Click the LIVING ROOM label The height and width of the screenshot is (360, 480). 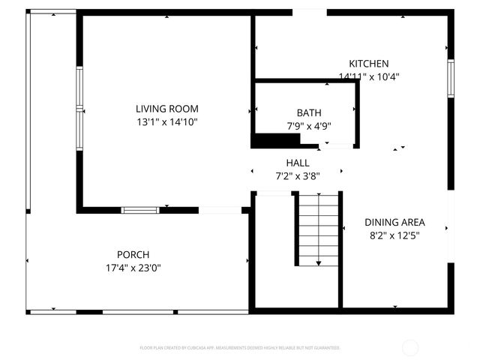coord(167,108)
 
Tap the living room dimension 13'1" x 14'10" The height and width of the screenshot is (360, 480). coord(167,121)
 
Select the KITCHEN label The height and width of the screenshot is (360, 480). coord(368,64)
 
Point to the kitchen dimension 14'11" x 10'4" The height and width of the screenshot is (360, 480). coord(368,76)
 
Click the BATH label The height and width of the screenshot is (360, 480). coord(308,113)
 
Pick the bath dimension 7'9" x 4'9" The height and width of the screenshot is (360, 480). coord(308,126)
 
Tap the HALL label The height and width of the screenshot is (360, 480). coord(297,163)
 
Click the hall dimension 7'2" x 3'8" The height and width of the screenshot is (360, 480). coord(297,175)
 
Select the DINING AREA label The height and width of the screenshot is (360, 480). coord(394,222)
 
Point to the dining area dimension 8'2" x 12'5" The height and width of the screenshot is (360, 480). coord(394,235)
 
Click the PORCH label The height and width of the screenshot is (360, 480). coord(133,254)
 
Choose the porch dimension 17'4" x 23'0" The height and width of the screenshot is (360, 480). coord(133,267)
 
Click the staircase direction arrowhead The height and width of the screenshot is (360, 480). coord(318,262)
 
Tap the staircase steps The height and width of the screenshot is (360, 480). coord(318,225)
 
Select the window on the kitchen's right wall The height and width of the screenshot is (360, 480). coord(451,78)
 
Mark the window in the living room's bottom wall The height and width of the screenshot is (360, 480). coord(140,210)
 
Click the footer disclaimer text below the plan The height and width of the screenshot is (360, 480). coord(240,348)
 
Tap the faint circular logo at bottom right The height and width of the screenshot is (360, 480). coord(410,348)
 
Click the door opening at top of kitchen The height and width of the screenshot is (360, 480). coord(309,12)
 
